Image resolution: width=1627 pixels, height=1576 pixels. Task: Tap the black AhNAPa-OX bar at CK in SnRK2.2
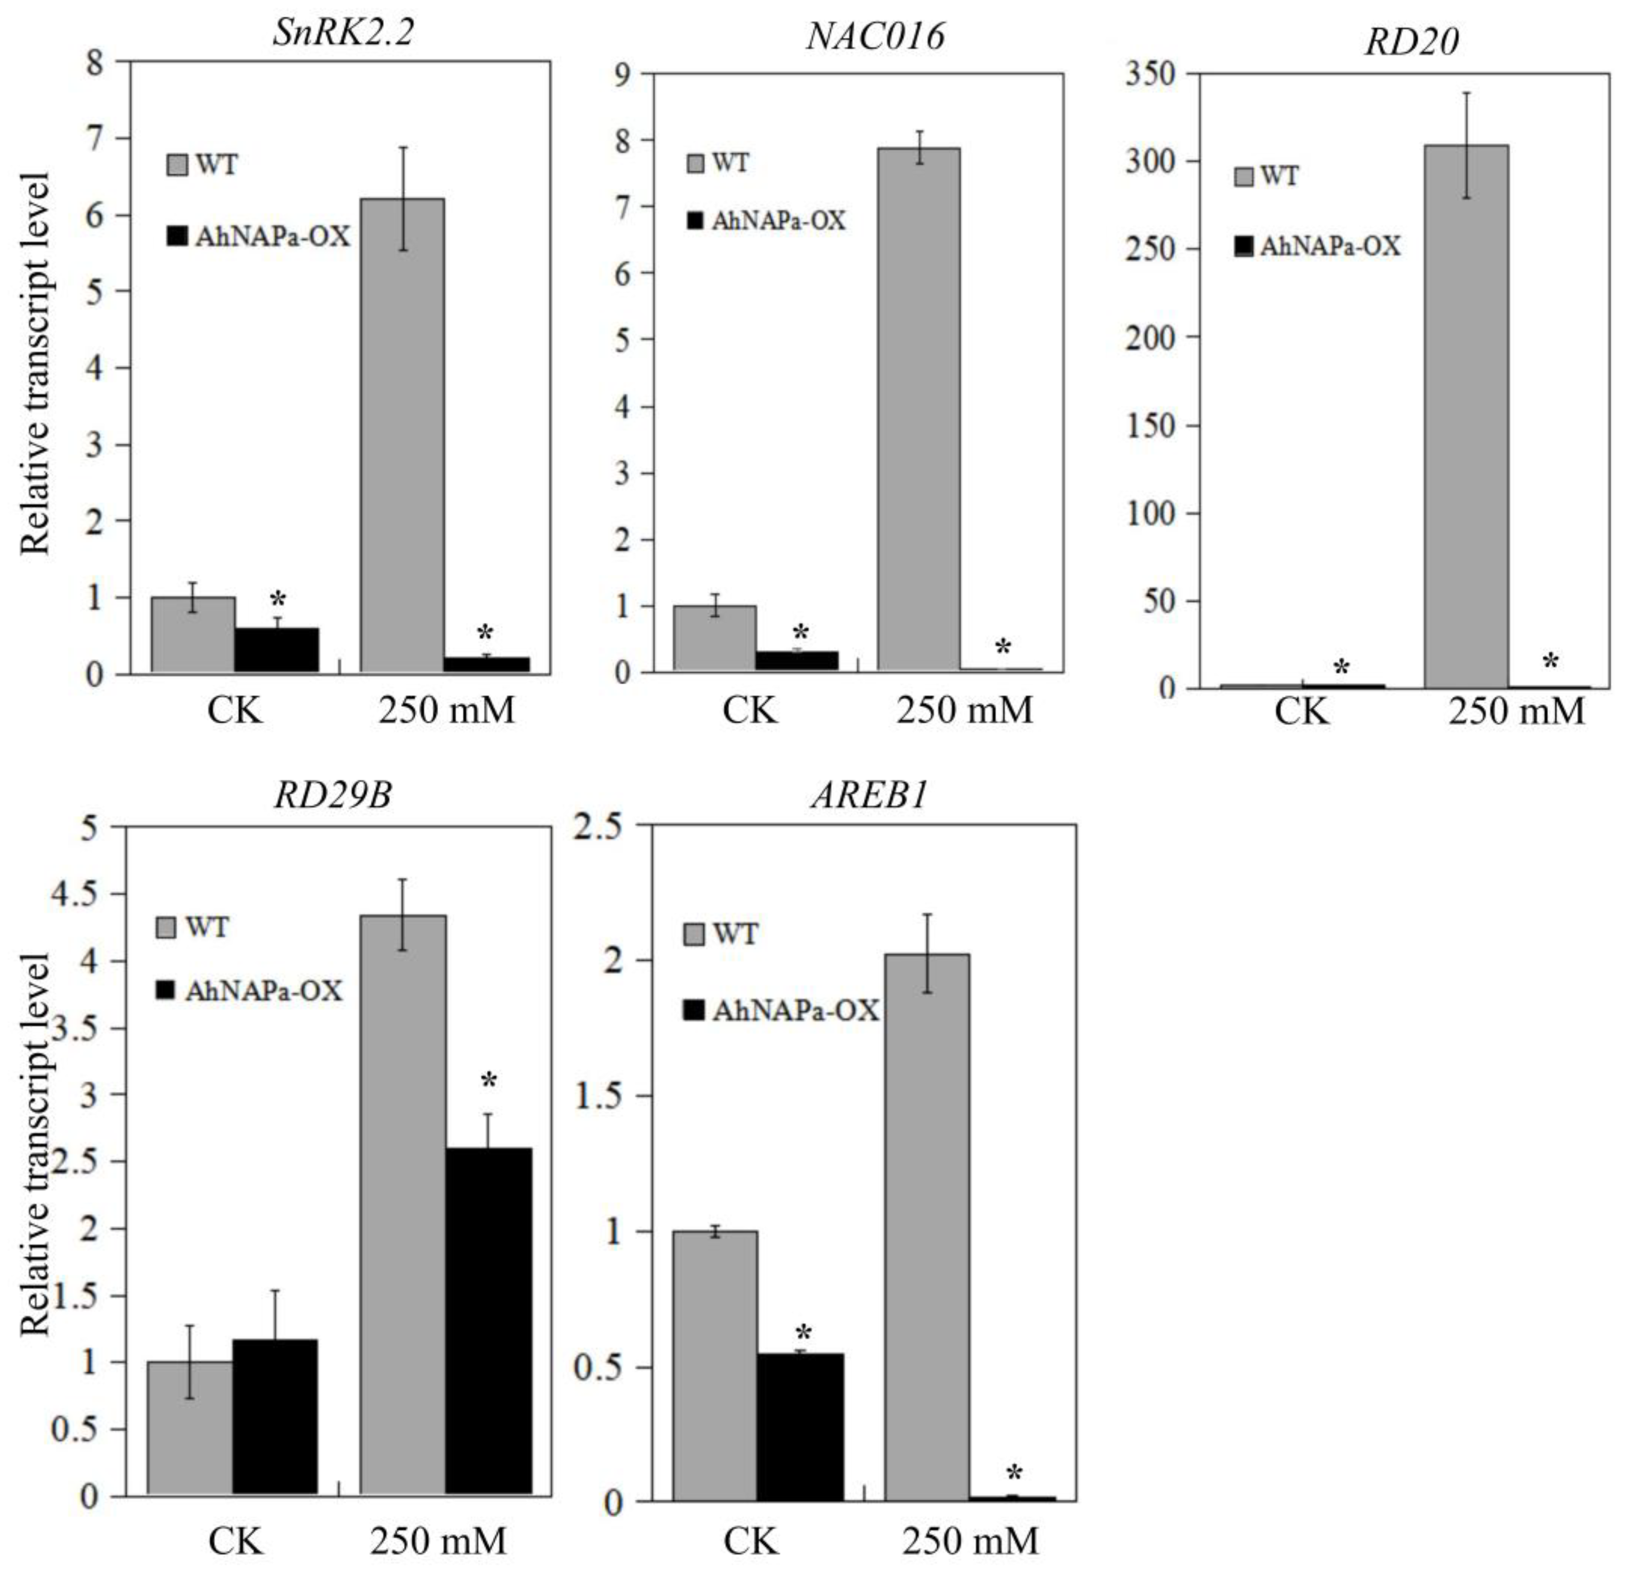pos(276,649)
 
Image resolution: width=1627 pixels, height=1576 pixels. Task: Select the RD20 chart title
pos(1411,42)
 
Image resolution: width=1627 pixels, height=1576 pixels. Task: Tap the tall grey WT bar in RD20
pos(1466,415)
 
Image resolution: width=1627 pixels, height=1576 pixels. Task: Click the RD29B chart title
pos(333,795)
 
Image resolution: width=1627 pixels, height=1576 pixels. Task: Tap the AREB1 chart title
pos(869,795)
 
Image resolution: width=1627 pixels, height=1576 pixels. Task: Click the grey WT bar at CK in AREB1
pos(715,1365)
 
